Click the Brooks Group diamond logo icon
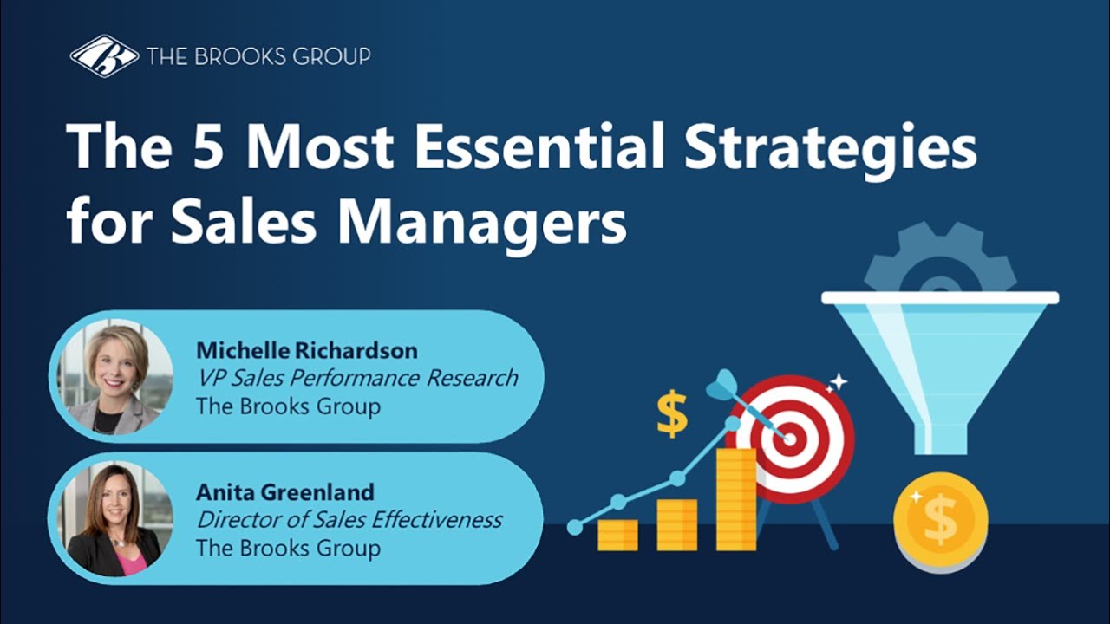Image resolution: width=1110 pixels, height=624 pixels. click(x=104, y=56)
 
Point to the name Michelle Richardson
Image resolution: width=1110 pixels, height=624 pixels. click(x=306, y=350)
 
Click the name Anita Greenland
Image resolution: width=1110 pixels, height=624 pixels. click(x=285, y=492)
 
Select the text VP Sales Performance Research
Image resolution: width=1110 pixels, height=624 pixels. click(x=356, y=378)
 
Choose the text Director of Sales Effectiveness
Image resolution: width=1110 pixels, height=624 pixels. click(x=349, y=520)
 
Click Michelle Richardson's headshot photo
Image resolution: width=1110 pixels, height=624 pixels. click(x=115, y=377)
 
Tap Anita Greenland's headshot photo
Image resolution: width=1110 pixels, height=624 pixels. click(x=115, y=520)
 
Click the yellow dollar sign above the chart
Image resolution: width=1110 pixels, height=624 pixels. click(x=671, y=413)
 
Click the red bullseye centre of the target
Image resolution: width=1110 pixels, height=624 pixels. click(x=789, y=439)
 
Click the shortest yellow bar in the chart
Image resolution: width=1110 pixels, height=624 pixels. click(x=617, y=535)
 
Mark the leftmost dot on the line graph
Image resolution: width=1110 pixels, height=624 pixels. click(x=574, y=527)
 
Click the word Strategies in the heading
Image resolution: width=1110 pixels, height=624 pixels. click(x=832, y=147)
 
